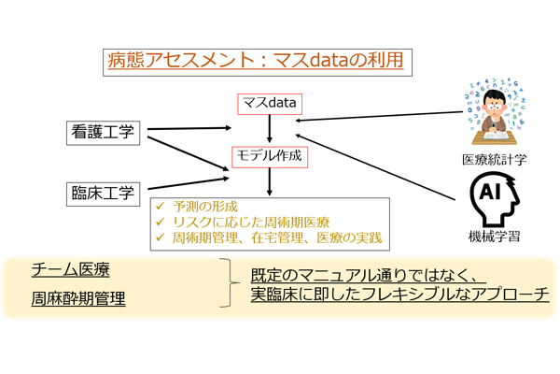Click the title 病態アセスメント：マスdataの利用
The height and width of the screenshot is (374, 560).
[x=253, y=63]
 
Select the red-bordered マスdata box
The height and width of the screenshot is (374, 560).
[x=269, y=103]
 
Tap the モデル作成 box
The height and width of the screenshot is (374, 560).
[x=268, y=156]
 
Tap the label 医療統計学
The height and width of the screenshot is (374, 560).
[x=494, y=160]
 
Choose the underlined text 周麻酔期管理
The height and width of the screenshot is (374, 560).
[x=77, y=301]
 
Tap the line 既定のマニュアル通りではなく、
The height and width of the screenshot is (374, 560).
[x=365, y=276]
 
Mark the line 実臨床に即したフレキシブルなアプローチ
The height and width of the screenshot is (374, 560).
[x=399, y=295]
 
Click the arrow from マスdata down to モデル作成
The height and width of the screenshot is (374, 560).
[x=269, y=129]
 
